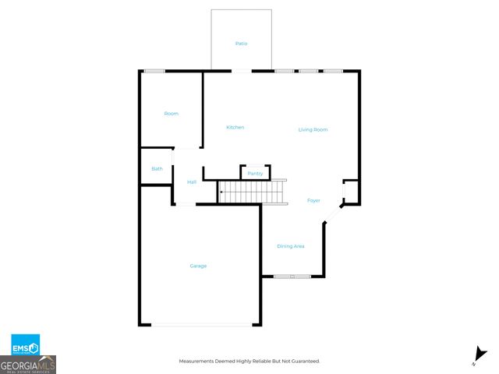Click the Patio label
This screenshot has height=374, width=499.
point(242,44)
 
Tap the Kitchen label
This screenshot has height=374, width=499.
point(235,127)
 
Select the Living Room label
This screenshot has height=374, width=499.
point(313,129)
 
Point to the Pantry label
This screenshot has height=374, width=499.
point(255,173)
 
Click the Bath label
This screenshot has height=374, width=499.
point(157,169)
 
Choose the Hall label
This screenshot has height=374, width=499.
point(192,182)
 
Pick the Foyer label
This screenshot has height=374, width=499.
point(313,200)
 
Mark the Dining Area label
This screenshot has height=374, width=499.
point(290,246)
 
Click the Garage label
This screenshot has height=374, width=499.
point(198,266)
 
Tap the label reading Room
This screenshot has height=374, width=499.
point(171,114)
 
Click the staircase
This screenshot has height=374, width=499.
point(252,192)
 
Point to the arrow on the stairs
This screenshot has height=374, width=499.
point(222,192)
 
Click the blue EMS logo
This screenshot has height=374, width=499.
point(25,344)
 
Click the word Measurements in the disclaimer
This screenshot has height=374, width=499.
point(197,361)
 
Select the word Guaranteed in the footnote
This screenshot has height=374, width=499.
point(304,361)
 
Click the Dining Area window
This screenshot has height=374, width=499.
point(292,276)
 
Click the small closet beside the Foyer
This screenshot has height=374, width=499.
point(351,192)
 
